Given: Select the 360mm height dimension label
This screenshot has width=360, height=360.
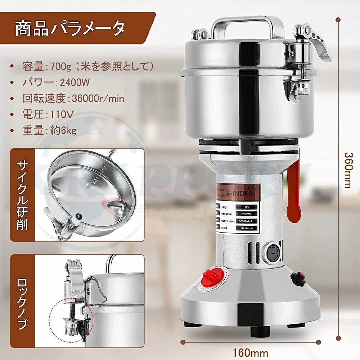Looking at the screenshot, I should tap(347, 169).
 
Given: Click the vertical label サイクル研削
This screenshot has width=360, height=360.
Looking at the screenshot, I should tap(21, 195).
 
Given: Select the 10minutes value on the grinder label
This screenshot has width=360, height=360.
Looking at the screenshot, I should tap(246, 228).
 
